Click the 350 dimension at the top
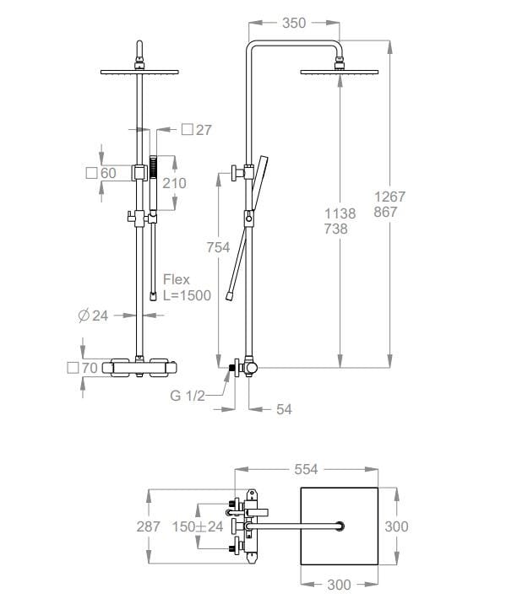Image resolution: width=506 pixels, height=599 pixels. click(294, 24)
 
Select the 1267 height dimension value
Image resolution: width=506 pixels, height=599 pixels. click(389, 197)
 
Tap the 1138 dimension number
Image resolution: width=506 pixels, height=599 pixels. click(340, 213)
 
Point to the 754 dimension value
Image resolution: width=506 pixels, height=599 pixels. click(218, 247)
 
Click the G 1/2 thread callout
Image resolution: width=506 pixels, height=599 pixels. click(188, 396)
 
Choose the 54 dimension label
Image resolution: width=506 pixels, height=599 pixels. click(284, 409)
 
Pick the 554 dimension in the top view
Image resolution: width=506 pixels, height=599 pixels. click(306, 469)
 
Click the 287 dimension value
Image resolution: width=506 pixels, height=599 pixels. click(148, 526)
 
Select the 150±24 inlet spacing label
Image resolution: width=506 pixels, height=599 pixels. click(198, 526)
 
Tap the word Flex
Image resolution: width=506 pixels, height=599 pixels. click(177, 279)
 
